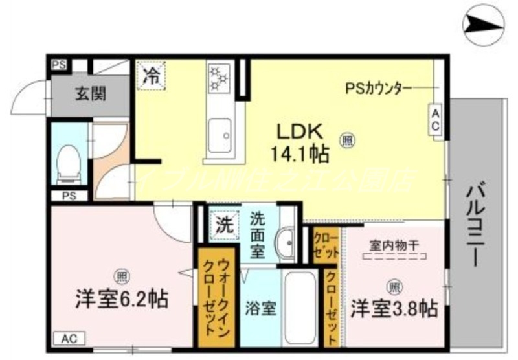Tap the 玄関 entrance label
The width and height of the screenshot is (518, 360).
pyautogui.click(x=90, y=94)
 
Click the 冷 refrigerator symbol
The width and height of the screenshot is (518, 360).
pyautogui.click(x=150, y=74)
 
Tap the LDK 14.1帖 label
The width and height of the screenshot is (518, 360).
pyautogui.click(x=301, y=142)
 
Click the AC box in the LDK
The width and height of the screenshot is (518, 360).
pyautogui.click(x=435, y=120)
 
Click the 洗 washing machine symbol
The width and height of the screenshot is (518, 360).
pyautogui.click(x=223, y=226)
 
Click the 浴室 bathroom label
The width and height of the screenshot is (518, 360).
pyautogui.click(x=261, y=308)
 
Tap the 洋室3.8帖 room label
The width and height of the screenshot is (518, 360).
pyautogui.click(x=394, y=308)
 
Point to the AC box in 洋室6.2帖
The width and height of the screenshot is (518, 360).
pyautogui.click(x=70, y=338)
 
